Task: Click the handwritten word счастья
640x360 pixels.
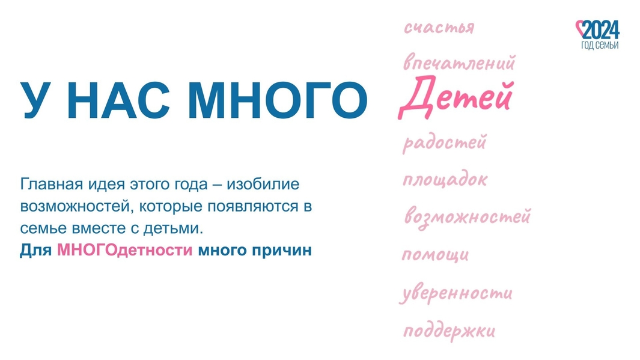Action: tap(439, 28)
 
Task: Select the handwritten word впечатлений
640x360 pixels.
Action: tap(459, 63)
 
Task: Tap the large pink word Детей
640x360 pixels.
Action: tap(456, 97)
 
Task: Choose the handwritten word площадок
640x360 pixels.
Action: tap(445, 180)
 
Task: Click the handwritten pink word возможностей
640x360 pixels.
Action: tap(468, 216)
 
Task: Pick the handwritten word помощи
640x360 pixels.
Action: tap(435, 255)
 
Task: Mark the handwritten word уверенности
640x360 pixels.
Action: tap(456, 293)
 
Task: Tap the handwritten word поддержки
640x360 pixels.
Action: tap(449, 331)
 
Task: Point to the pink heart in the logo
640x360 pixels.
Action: tap(581, 29)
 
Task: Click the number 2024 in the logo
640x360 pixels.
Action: tap(601, 30)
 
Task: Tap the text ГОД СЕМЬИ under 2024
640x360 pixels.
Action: tap(600, 45)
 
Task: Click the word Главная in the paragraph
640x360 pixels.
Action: tap(49, 184)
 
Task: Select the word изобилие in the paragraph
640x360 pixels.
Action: tap(263, 184)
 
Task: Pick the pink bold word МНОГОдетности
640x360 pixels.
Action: tap(124, 250)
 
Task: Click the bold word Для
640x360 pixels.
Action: tap(36, 250)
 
